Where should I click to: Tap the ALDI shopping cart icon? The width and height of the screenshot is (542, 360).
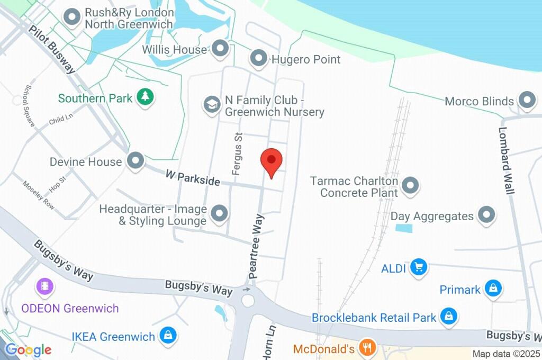click(420, 267)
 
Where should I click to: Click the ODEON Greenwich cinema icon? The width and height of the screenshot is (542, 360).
click(45, 287)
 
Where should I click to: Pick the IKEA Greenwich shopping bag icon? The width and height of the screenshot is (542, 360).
click(168, 335)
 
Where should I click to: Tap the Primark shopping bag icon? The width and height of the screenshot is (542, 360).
click(493, 289)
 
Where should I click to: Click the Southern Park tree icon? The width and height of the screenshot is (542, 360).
click(144, 97)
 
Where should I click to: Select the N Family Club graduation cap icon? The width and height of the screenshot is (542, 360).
click(212, 104)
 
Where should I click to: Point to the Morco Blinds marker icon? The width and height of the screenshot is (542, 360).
click(527, 100)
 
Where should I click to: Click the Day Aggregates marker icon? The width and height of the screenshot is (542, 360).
click(486, 215)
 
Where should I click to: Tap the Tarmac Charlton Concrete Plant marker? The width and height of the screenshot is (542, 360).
click(410, 186)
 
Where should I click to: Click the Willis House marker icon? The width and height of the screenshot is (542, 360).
click(220, 49)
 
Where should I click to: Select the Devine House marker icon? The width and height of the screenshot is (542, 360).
click(136, 161)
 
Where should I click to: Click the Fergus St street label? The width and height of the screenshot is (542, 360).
click(237, 154)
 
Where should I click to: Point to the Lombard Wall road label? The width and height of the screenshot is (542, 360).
click(506, 160)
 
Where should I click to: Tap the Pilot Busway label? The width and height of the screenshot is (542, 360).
click(52, 49)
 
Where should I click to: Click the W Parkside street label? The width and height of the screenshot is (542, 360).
click(192, 177)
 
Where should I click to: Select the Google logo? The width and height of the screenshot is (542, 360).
click(28, 349)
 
